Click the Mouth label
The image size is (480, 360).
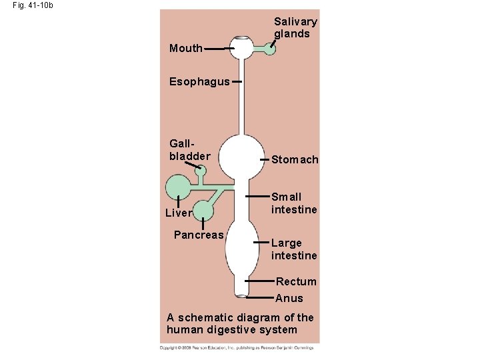click(186, 48)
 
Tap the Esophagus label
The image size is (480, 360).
click(199, 81)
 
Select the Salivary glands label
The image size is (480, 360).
click(295, 27)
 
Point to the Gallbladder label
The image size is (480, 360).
click(189, 150)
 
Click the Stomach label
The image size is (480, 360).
click(295, 160)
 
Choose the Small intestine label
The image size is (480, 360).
click(294, 203)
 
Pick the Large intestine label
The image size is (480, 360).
click(294, 249)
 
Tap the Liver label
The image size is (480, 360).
click(179, 213)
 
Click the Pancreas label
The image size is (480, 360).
click(199, 235)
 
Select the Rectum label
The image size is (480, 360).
click(296, 281)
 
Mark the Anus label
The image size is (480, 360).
click(289, 298)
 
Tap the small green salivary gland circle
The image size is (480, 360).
click(270, 48)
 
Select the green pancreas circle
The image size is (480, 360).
click(203, 211)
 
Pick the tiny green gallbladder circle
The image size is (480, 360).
click(200, 171)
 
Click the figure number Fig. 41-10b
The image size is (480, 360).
click(33, 5)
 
